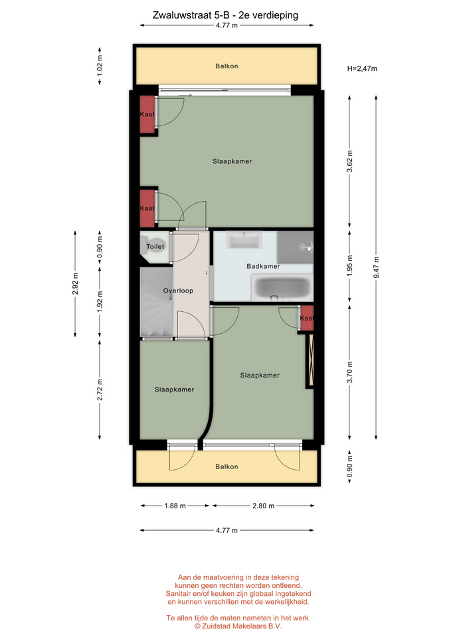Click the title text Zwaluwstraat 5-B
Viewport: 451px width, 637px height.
[188, 15]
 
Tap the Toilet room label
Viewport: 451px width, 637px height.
[155, 246]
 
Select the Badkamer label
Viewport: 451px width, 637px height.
[263, 266]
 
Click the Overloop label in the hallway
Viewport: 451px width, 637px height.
[178, 291]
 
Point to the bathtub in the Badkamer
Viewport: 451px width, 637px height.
[282, 287]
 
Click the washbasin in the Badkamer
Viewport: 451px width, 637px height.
[244, 240]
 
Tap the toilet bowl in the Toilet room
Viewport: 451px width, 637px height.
[153, 246]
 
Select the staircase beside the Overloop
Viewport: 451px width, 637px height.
[157, 303]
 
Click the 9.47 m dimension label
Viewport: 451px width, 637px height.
[377, 267]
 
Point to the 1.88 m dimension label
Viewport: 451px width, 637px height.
[175, 506]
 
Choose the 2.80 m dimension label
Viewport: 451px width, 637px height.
[264, 506]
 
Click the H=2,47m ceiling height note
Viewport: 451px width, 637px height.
[362, 68]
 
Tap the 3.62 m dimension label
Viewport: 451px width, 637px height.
[350, 161]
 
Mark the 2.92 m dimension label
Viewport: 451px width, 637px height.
[75, 284]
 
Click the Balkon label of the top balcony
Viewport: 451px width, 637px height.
[226, 66]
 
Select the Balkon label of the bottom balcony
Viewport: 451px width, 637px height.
[226, 466]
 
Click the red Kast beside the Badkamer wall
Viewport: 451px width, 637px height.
[307, 318]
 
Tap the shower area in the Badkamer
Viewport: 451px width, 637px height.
[296, 247]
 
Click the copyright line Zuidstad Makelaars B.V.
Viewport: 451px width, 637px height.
[238, 626]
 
